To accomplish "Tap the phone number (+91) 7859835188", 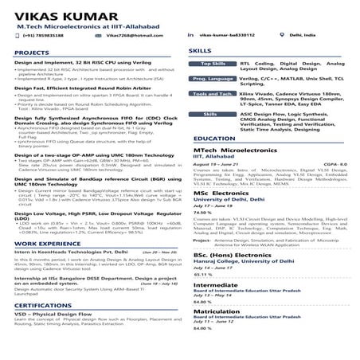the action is click(x=43, y=36).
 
